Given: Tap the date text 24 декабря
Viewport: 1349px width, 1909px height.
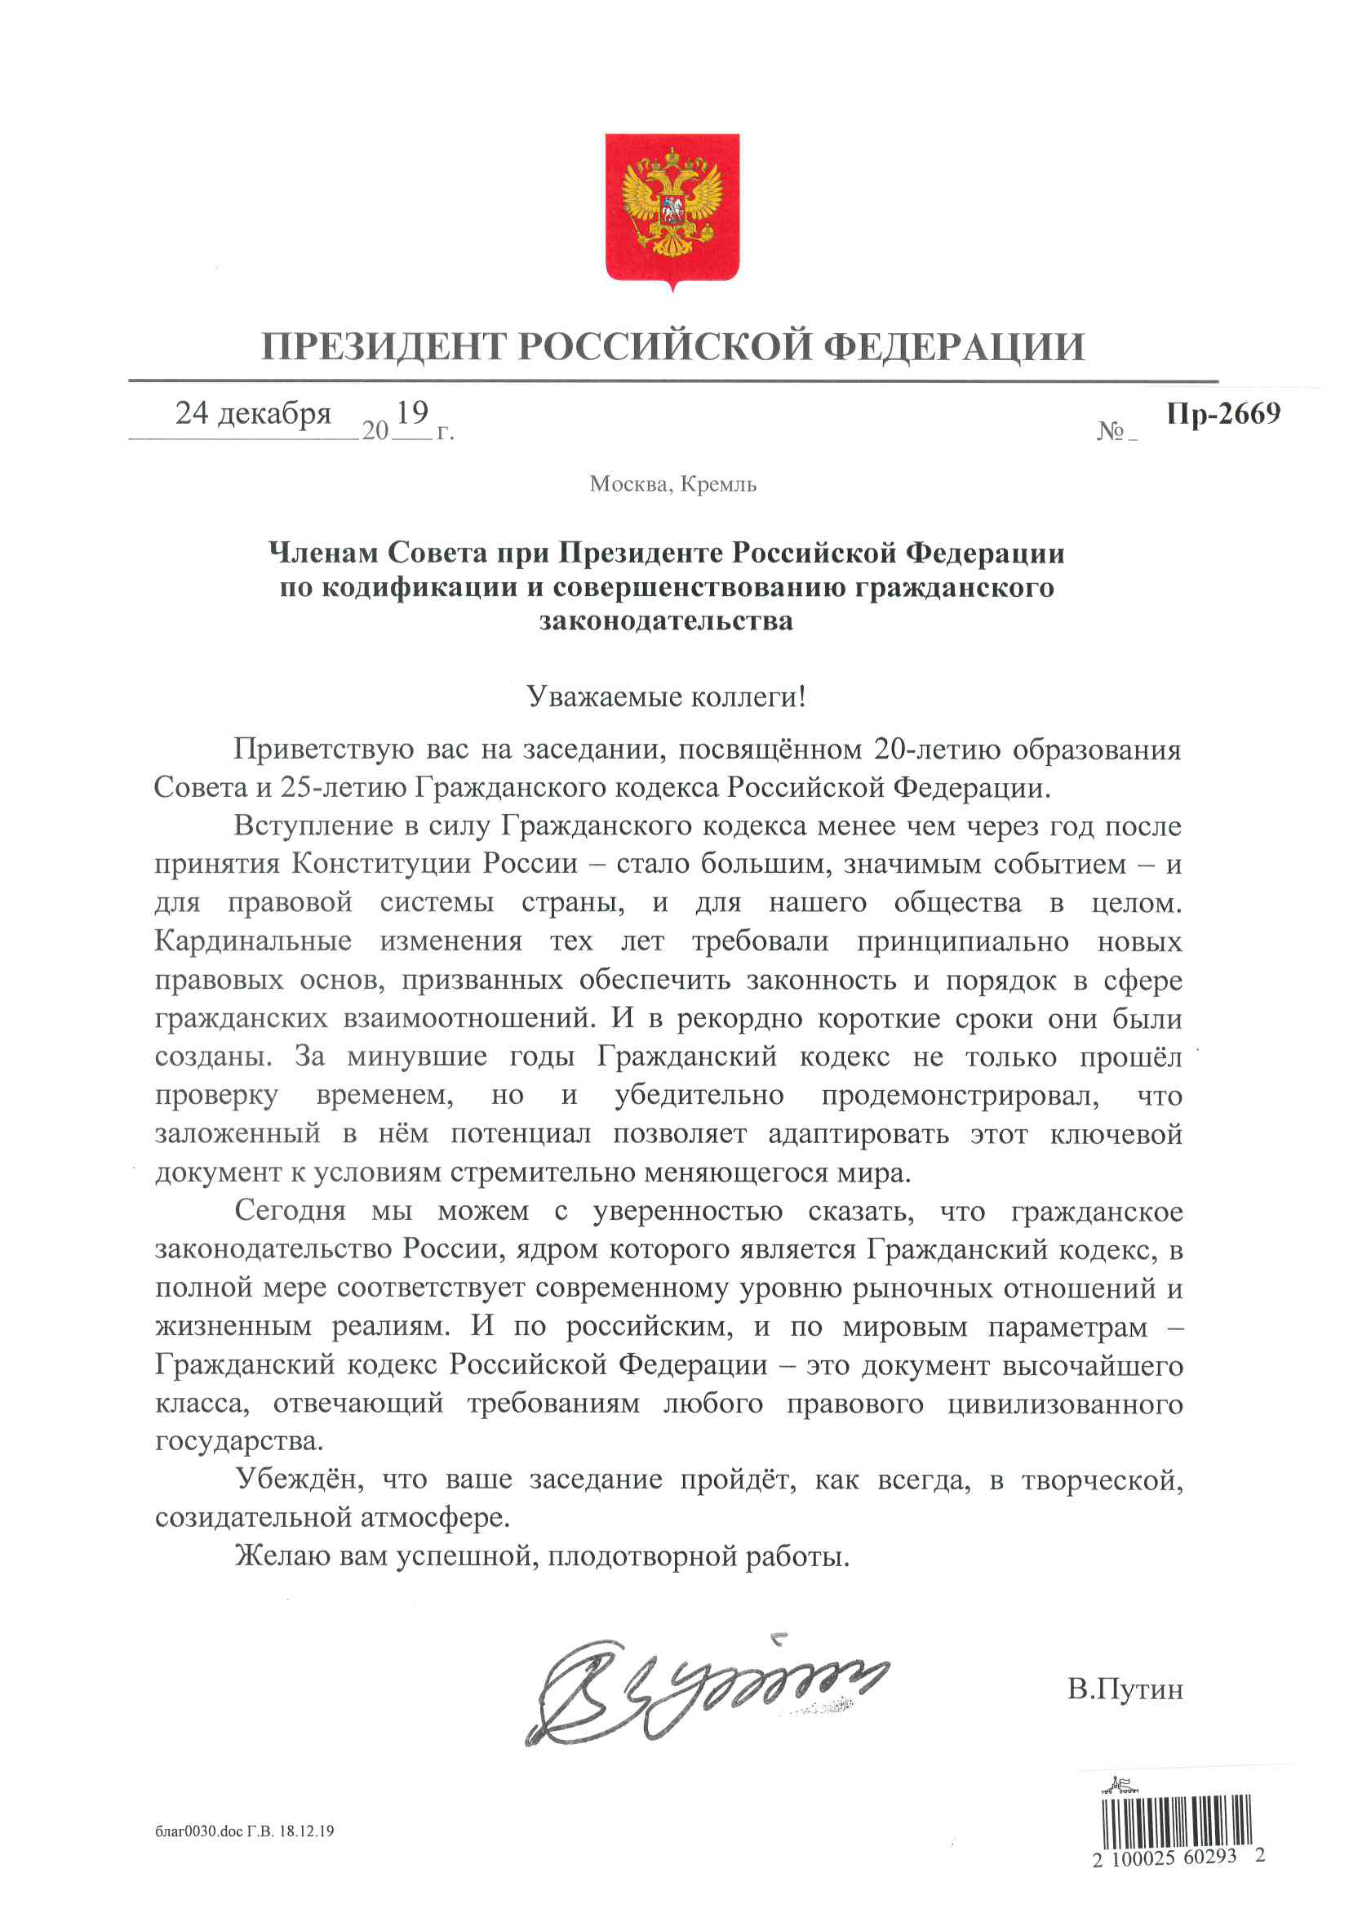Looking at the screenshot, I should (x=253, y=413).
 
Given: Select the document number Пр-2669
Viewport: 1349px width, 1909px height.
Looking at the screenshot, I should (x=1223, y=413).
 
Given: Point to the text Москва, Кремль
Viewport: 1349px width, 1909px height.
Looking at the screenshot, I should (x=672, y=484).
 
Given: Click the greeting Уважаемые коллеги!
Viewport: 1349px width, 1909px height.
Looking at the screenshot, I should (x=666, y=696).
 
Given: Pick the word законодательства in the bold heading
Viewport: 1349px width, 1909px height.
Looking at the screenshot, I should (x=666, y=621).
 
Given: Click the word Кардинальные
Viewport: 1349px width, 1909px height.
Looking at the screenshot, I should (x=253, y=941).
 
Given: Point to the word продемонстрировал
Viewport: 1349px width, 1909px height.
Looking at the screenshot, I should (x=960, y=1095).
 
